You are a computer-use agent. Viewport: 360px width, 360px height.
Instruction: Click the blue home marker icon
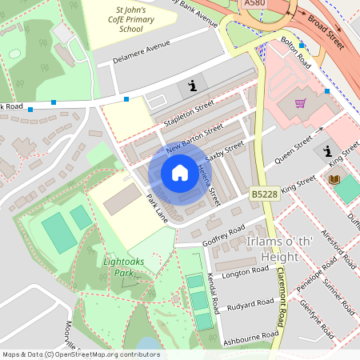coord(180,173)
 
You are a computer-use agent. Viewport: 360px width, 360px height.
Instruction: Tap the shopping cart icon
coord(300,102)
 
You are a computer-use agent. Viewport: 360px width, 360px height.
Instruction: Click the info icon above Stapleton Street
coord(191,86)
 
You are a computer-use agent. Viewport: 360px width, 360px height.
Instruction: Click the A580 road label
coord(255,4)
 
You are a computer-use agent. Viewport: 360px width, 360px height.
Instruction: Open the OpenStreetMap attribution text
coord(80,354)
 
